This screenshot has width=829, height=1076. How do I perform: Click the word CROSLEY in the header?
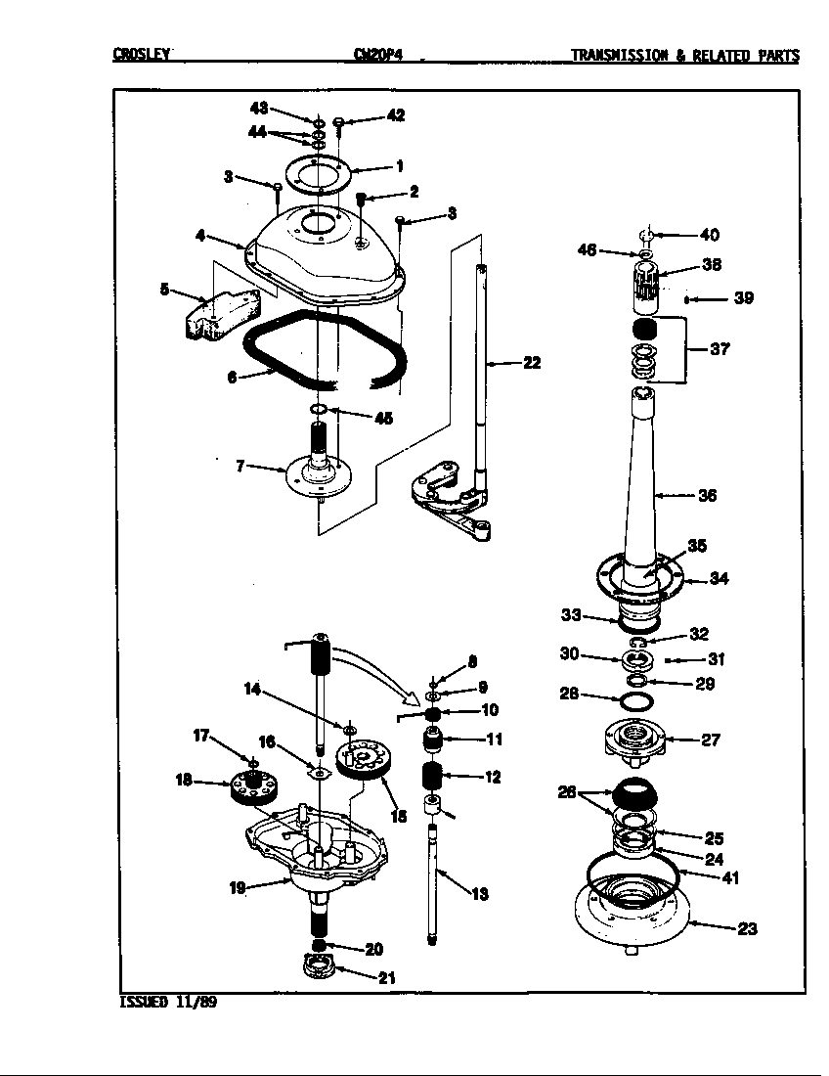[x=142, y=56]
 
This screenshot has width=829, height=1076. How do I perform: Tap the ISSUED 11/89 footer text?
[x=162, y=1002]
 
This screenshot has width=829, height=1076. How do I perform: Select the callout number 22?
[x=531, y=363]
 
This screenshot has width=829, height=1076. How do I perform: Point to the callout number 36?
[x=707, y=496]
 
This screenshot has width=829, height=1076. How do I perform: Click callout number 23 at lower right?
[x=746, y=929]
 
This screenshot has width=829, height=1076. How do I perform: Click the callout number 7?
[x=240, y=467]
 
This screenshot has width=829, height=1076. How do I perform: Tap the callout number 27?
[x=711, y=740]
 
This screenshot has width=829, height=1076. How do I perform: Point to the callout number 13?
[x=479, y=894]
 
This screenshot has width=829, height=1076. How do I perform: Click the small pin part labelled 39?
[x=688, y=298]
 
